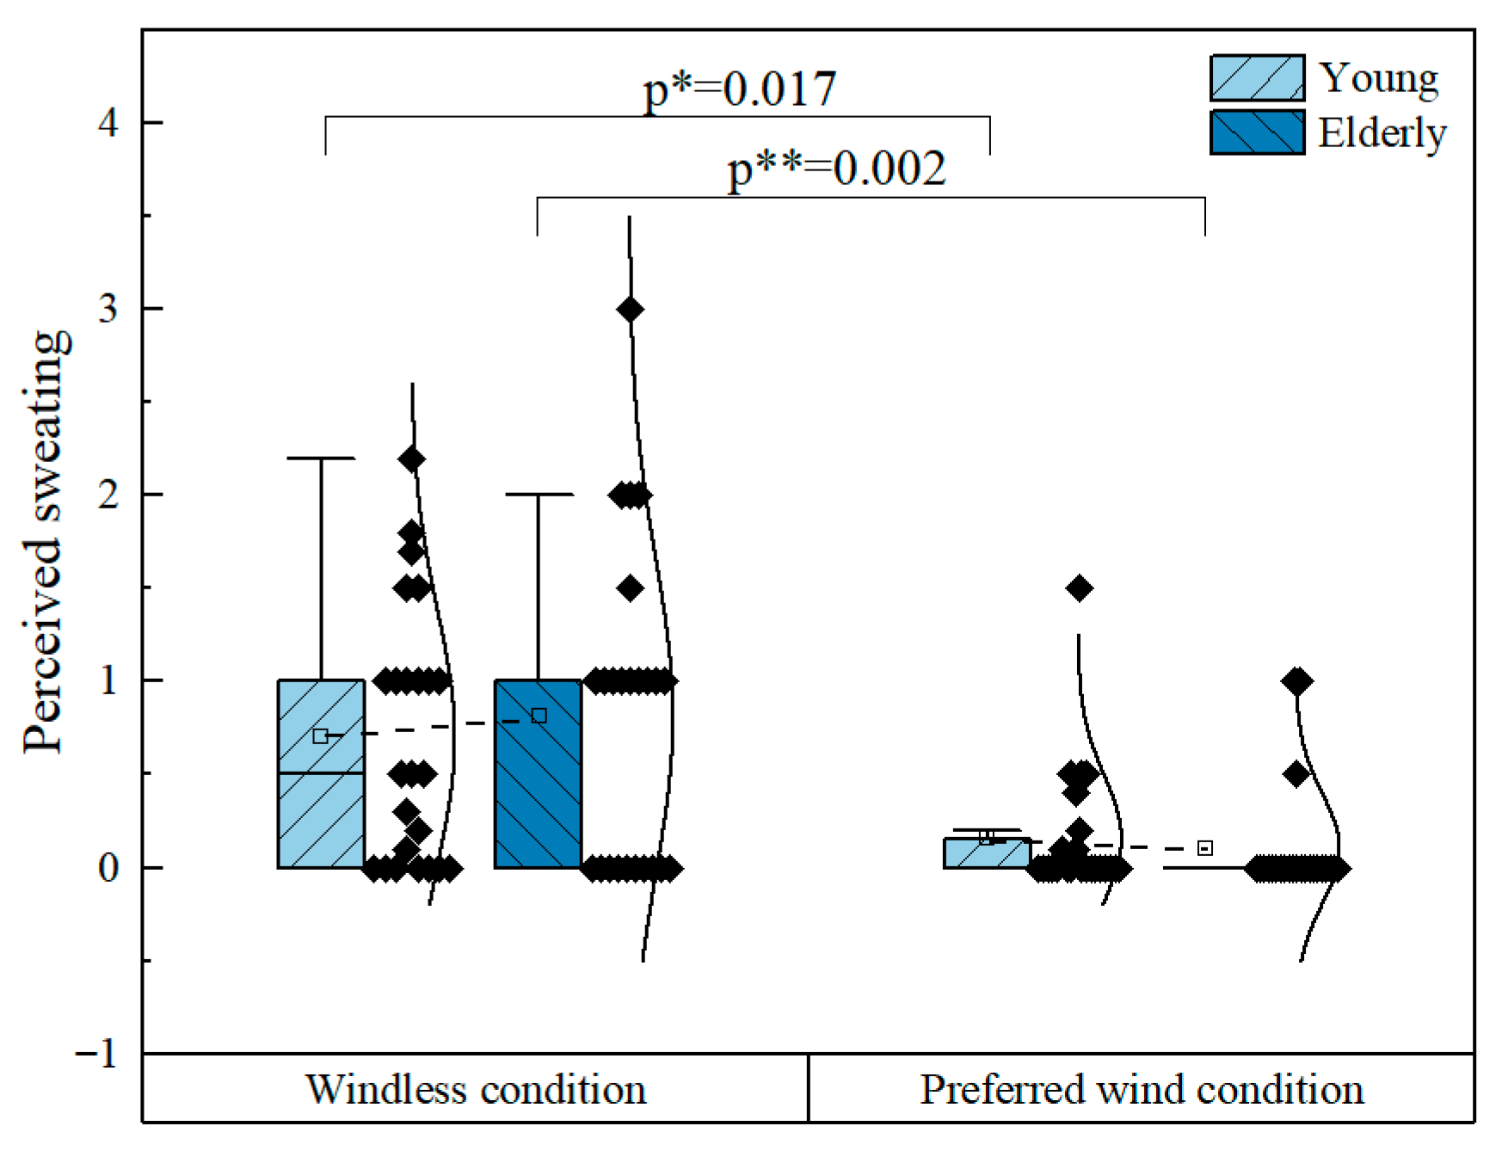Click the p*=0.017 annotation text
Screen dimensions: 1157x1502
coord(740,89)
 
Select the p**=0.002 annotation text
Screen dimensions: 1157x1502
coord(836,169)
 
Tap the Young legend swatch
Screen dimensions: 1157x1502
coord(1257,78)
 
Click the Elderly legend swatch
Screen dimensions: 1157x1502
coord(1257,132)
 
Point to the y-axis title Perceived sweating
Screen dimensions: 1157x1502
coord(45,542)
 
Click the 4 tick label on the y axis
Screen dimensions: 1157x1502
coord(108,123)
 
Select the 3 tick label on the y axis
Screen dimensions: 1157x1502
coord(108,309)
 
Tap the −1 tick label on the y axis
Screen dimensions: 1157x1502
coord(96,1053)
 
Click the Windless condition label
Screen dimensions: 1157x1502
coord(476,1090)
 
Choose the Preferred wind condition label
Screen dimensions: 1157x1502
coord(1142,1090)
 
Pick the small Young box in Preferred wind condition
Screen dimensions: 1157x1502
coord(987,853)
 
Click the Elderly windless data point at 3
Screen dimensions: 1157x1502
coord(630,309)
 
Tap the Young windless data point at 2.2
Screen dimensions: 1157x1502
coord(412,458)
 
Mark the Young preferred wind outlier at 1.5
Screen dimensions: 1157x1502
coord(1079,588)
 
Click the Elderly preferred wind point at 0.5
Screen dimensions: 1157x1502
coord(1296,774)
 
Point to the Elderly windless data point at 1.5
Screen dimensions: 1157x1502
coord(631,588)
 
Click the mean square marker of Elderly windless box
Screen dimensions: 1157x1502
coord(539,716)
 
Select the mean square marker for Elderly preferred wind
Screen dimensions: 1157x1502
coord(1205,848)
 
